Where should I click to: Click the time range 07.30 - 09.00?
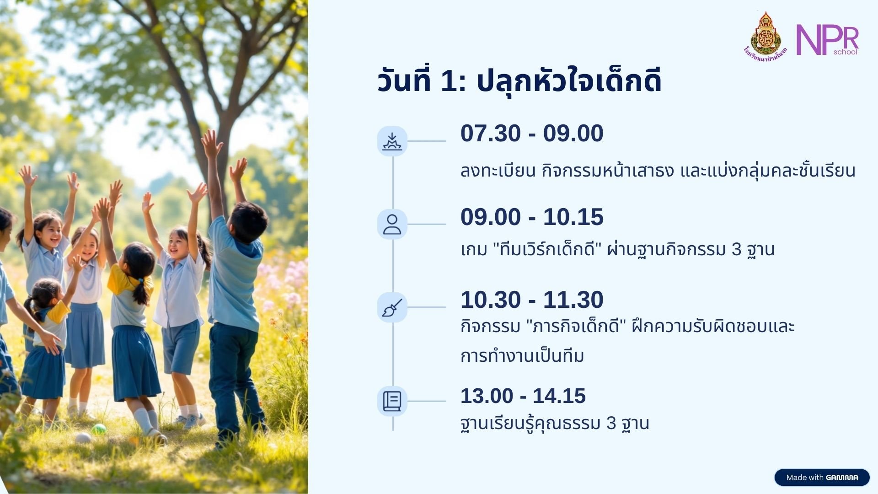(x=532, y=134)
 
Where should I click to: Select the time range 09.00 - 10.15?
(x=532, y=217)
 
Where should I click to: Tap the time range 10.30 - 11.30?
(x=532, y=300)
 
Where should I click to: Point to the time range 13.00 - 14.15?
(x=523, y=396)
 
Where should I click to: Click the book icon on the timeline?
(x=392, y=401)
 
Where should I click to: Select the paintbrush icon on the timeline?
(x=392, y=307)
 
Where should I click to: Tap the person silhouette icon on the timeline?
(x=392, y=224)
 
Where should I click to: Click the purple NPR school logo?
(x=827, y=40)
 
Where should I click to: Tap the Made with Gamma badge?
(x=822, y=478)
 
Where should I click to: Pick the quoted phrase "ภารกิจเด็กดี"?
(x=576, y=327)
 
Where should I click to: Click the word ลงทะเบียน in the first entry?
(x=498, y=171)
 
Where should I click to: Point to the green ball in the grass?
(x=99, y=430)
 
